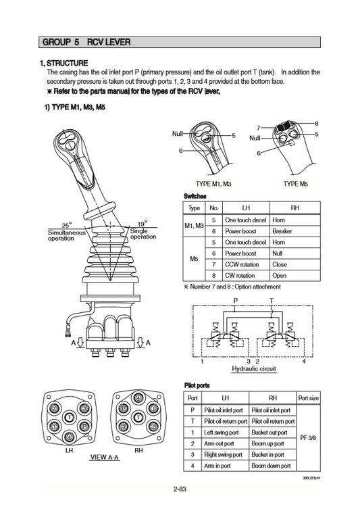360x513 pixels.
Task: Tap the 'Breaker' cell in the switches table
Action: point(282,231)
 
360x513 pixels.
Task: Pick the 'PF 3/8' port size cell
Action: point(308,438)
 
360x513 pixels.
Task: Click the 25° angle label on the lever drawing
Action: point(66,225)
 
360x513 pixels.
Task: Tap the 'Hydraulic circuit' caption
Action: point(254,369)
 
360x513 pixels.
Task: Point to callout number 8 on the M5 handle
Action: point(316,122)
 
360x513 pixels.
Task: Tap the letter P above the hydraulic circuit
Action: point(235,300)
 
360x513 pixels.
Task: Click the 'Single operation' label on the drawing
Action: point(143,234)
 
